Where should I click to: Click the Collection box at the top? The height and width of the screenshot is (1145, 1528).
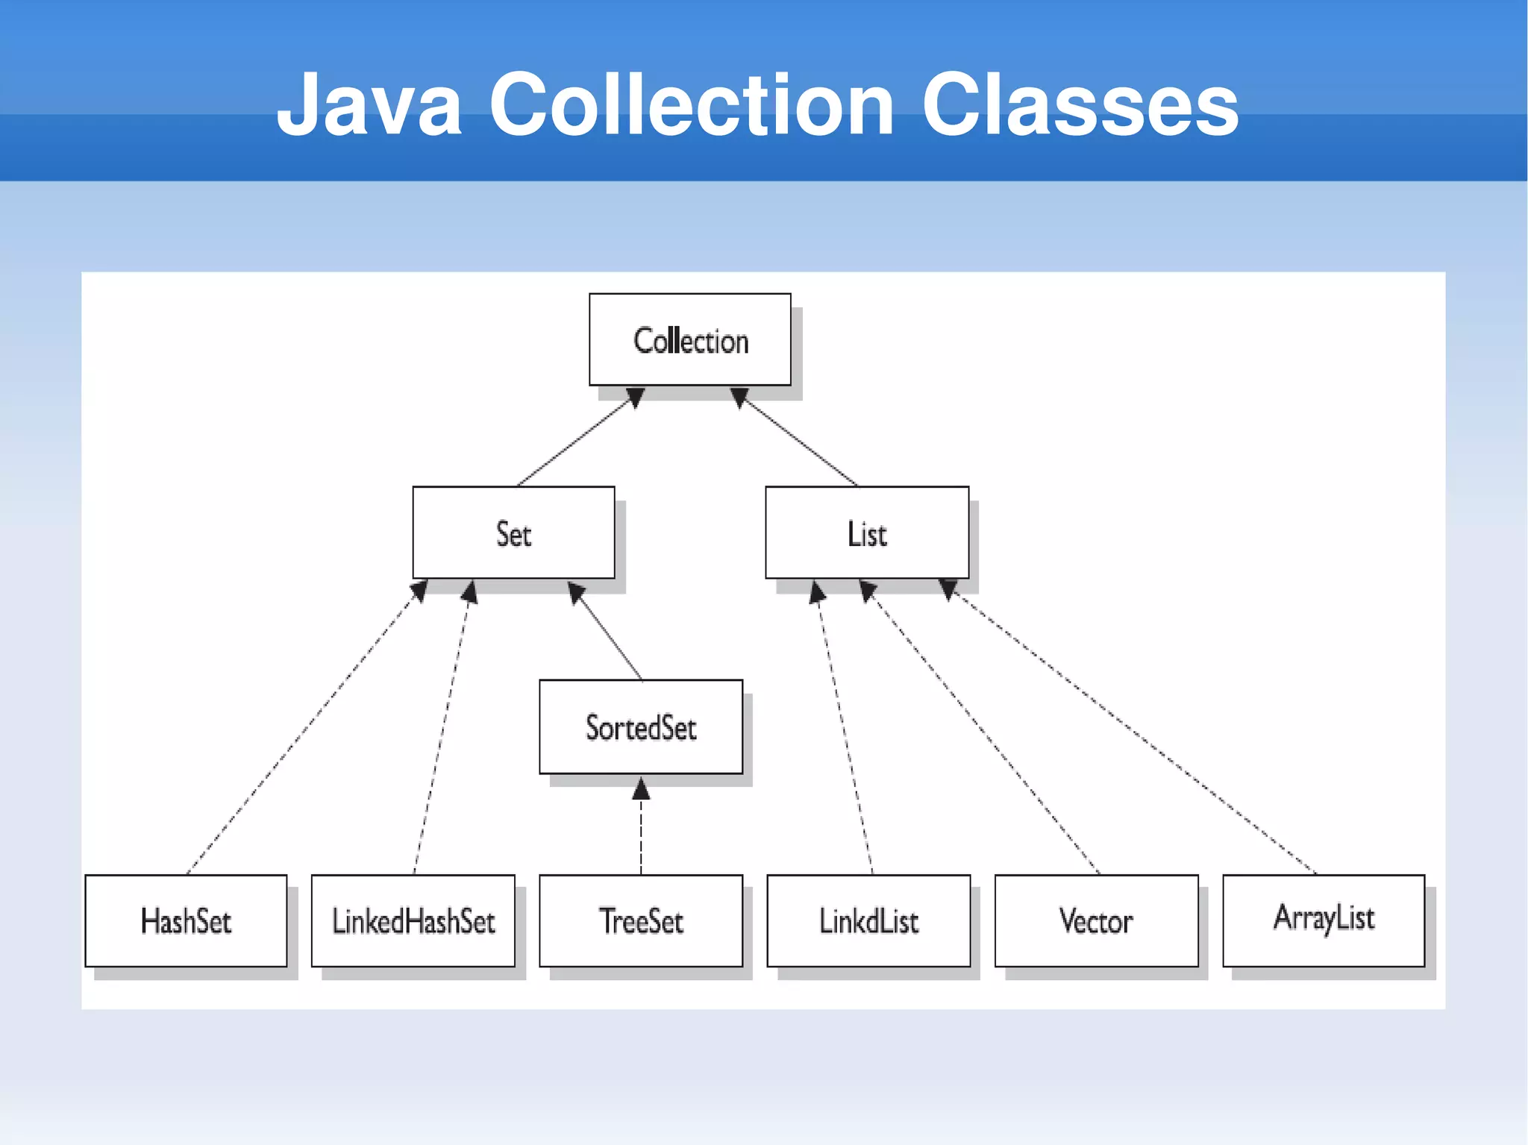689,339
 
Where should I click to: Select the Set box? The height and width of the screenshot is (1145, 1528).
513,533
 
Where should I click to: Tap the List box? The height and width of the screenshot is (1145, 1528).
867,533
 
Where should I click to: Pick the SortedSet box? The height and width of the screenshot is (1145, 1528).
641,727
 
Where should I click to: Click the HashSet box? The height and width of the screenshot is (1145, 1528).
186,920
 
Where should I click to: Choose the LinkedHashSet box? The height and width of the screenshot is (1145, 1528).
413,920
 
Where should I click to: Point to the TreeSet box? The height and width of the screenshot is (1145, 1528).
641,920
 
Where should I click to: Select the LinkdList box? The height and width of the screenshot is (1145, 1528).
868,920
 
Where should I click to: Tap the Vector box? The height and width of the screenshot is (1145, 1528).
1096,920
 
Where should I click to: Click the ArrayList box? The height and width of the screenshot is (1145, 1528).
1324,920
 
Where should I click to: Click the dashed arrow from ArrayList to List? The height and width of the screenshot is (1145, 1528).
1134,731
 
